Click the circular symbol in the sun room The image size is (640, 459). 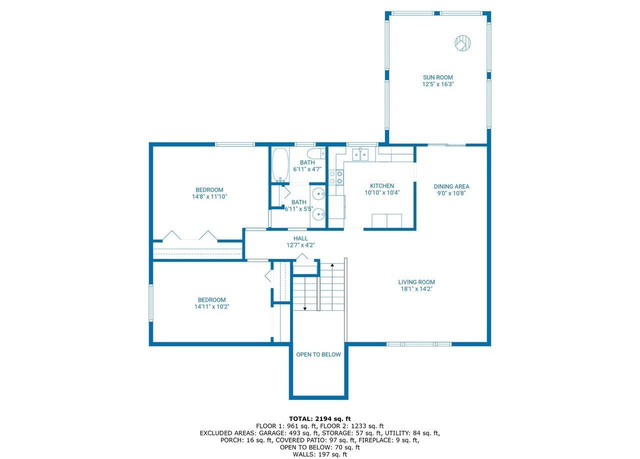click(462, 43)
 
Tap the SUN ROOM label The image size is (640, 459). click(437, 77)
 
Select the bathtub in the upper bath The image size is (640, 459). click(280, 165)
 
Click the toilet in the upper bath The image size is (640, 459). click(316, 154)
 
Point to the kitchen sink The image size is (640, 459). click(360, 155)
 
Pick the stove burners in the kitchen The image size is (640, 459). click(336, 177)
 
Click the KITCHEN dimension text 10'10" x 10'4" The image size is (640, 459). click(382, 193)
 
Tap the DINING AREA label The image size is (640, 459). click(451, 187)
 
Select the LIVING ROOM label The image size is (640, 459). click(416, 282)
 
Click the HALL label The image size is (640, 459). click(300, 238)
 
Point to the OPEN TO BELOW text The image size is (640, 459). click(318, 354)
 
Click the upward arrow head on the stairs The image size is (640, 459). click(332, 265)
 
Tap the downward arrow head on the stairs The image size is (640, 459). click(305, 308)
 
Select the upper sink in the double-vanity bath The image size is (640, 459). click(318, 194)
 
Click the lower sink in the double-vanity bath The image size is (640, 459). click(318, 214)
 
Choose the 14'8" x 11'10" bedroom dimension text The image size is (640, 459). click(209, 197)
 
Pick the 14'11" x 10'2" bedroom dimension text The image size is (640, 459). click(211, 307)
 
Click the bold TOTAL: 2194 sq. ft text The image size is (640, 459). click(320, 419)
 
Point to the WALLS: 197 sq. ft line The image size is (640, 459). click(320, 454)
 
